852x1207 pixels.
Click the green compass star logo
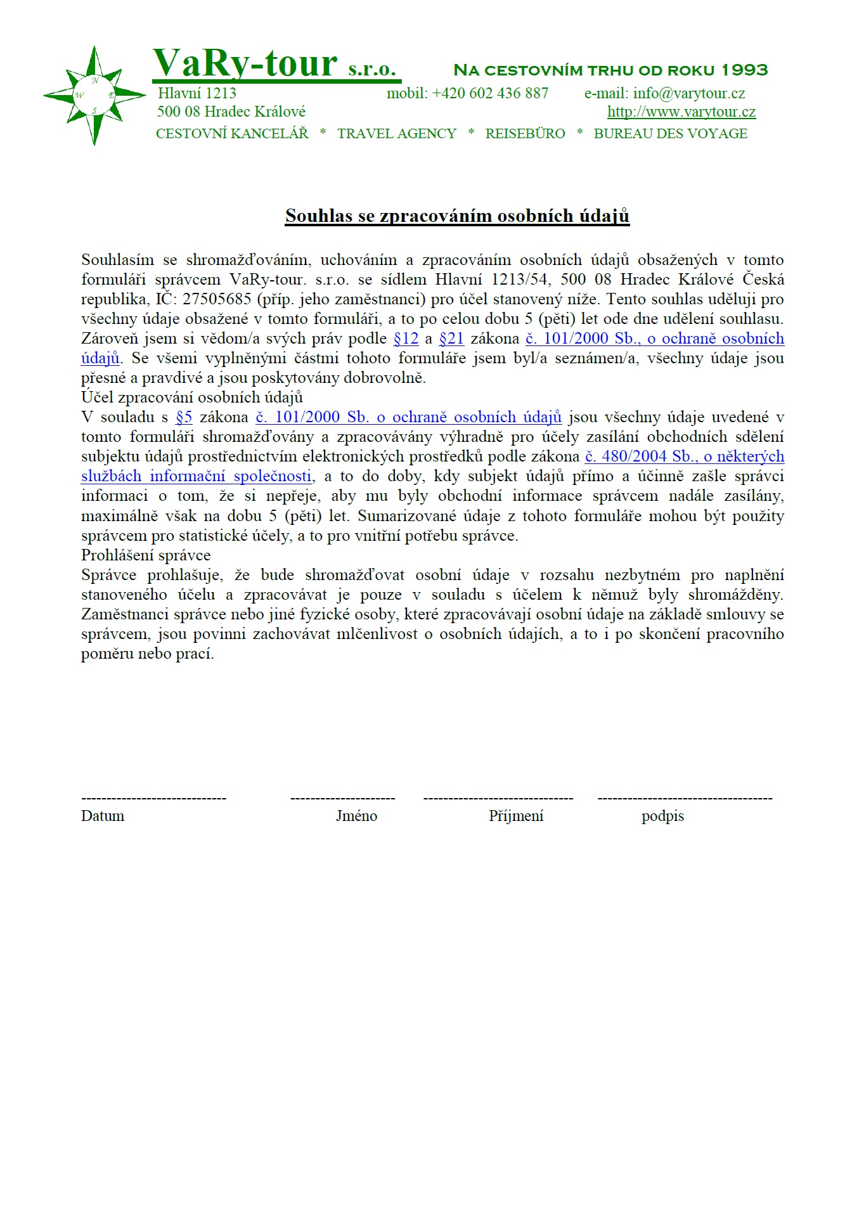point(94,96)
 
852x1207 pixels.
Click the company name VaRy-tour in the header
point(245,63)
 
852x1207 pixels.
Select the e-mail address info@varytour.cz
point(688,93)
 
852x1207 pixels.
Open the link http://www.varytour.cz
point(681,112)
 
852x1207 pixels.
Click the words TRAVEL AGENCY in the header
point(396,134)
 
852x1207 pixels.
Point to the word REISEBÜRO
point(525,134)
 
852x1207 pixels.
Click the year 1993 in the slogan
point(744,70)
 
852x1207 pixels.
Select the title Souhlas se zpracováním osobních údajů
point(456,216)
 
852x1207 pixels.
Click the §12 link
point(406,339)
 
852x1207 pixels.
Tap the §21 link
point(451,339)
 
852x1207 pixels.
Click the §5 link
point(184,417)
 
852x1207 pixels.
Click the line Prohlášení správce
point(146,555)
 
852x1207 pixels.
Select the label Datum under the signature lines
point(103,816)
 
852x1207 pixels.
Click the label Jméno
point(356,816)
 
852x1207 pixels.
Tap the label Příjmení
point(516,816)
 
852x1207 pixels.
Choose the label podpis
point(662,816)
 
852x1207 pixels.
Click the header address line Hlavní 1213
point(197,93)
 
